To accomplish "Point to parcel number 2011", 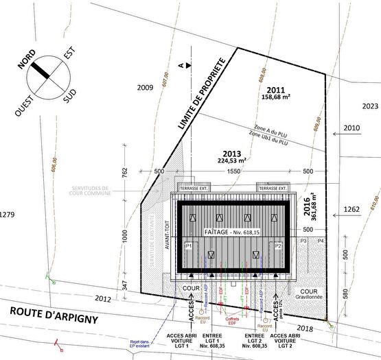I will [275, 90].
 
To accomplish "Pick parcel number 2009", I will [145, 88].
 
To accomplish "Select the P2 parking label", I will [278, 245].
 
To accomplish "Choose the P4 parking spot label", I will [321, 241].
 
